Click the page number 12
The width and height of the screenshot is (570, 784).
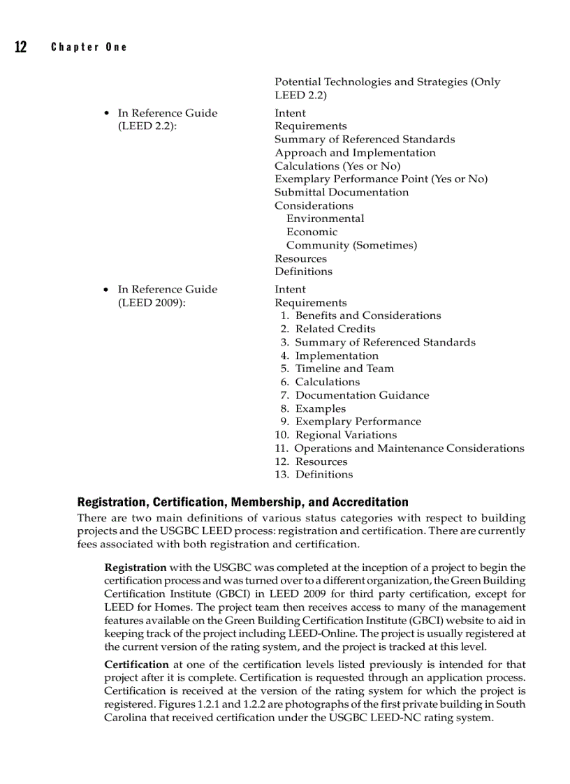[x=20, y=47]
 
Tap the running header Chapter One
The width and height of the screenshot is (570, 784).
[x=89, y=47]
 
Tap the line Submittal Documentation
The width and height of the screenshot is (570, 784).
[x=342, y=192]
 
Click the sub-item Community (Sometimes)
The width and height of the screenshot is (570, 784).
[x=351, y=245]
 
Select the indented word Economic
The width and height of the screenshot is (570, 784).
[x=312, y=232]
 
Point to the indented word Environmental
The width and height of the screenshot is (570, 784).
[x=325, y=219]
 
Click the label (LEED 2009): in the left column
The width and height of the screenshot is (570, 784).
[x=152, y=303]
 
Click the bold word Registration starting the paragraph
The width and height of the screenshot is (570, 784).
[x=136, y=568]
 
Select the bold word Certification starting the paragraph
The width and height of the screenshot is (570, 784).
[x=136, y=665]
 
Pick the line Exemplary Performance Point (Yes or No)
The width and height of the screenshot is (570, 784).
[x=381, y=179]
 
